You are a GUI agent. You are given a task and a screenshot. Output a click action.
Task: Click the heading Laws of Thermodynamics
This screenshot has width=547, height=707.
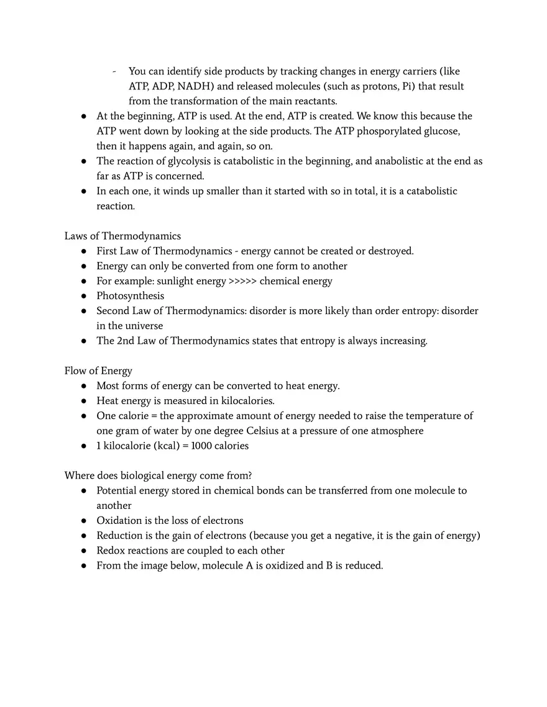coord(122,236)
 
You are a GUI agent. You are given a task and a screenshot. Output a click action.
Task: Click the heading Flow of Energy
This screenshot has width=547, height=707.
coord(98,371)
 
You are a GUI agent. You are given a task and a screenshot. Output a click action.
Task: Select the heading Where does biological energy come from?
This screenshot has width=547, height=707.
coord(158,475)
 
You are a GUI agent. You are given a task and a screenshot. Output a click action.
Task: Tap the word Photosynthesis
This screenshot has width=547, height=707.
coord(130,296)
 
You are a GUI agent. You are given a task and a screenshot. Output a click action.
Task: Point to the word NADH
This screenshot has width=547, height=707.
coord(195,86)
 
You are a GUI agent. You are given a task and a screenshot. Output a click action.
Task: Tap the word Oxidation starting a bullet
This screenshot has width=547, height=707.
coord(117,520)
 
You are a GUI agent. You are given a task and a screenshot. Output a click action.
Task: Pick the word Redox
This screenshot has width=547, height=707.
coord(110,551)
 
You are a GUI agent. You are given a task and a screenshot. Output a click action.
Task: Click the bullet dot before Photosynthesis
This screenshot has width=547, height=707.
coord(83,296)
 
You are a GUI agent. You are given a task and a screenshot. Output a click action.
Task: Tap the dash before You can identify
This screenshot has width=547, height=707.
coord(115,71)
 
